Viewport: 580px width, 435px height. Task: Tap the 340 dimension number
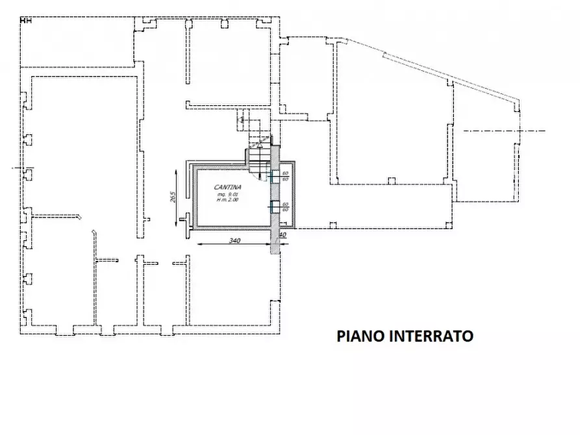click(234, 241)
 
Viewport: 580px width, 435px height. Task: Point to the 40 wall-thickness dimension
click(283, 234)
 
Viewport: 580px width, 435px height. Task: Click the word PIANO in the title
click(359, 336)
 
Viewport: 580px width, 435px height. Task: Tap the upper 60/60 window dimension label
click(285, 175)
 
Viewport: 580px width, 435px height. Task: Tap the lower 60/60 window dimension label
click(285, 206)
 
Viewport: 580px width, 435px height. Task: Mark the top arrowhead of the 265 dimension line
click(177, 170)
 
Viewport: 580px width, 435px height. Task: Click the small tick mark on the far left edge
click(14, 168)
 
